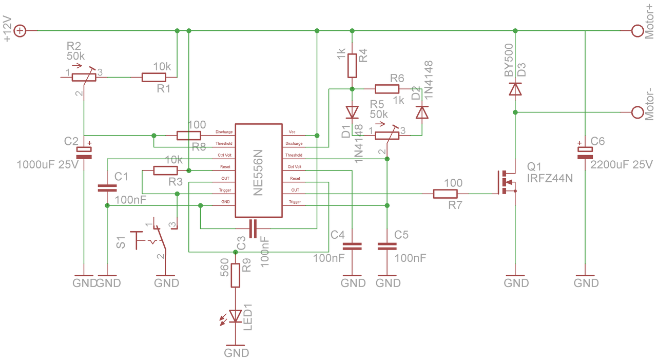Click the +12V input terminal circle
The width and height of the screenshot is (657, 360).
point(20,30)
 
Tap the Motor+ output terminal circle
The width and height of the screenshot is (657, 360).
point(637,30)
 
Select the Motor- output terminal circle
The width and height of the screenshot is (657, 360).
point(637,112)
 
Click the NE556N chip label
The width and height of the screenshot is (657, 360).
point(258,173)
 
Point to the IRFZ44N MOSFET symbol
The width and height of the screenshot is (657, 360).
point(507,182)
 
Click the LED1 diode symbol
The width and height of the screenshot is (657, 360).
point(233,317)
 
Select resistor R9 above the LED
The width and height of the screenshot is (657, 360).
point(235,275)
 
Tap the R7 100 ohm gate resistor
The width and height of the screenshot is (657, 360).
point(445,194)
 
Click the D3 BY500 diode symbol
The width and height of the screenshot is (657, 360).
point(515,89)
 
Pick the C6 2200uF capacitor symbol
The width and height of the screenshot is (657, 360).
point(585,153)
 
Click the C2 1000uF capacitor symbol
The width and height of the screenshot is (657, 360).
point(84,153)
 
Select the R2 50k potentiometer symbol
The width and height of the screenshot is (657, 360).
point(84,77)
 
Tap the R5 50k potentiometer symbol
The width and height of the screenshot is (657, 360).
point(387,135)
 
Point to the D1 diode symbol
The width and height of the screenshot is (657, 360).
point(352,112)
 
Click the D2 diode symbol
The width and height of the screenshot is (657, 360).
point(422,112)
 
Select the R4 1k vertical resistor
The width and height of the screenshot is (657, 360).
point(352,65)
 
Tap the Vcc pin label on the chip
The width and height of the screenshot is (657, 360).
point(292,132)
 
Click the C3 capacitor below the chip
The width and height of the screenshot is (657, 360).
point(253,229)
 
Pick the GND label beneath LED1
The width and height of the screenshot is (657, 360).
point(237,353)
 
